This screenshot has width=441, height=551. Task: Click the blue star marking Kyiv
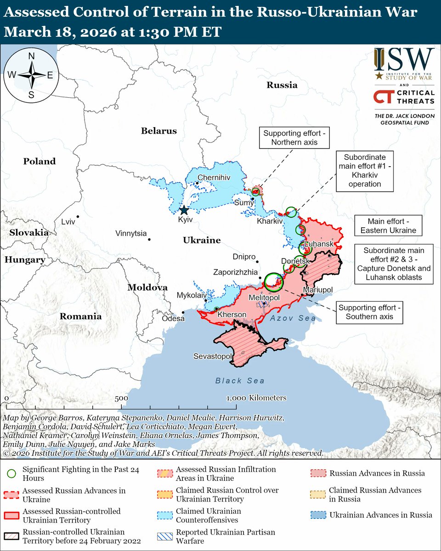(184, 210)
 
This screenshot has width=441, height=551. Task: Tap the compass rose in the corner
(32, 75)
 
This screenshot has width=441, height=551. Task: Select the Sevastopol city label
(212, 356)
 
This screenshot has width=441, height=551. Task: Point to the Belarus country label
(158, 131)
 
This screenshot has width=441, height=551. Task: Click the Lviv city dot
(78, 217)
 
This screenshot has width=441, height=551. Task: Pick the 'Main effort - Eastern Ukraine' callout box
(388, 225)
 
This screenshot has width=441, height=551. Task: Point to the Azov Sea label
(293, 318)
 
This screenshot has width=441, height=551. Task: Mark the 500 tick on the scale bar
(121, 398)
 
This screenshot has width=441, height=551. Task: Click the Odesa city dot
(183, 312)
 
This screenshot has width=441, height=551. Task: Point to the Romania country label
(80, 316)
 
